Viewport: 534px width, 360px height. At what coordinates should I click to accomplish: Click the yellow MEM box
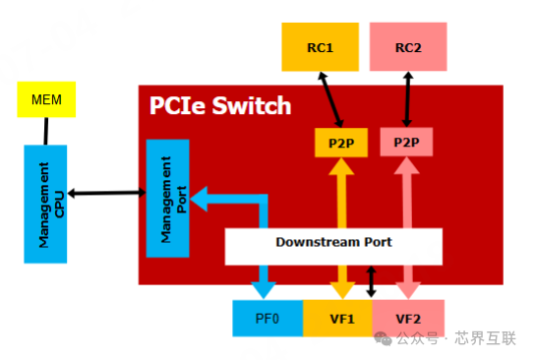[46, 100]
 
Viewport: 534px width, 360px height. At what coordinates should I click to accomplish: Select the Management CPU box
[45, 204]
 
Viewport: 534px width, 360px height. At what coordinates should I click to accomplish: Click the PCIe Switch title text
[220, 105]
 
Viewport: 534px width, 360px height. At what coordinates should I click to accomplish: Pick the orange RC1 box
[320, 46]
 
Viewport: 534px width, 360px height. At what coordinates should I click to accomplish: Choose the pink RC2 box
[407, 46]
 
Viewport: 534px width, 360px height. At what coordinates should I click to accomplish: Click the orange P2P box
[340, 144]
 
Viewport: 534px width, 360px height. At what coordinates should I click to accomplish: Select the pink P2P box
[406, 144]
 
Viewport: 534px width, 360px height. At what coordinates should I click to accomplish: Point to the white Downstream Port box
[333, 242]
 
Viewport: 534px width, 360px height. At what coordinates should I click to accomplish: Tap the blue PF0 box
[267, 318]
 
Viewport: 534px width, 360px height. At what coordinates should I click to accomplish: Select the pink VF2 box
[407, 318]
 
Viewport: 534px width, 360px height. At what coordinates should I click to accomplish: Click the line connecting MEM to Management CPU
[45, 132]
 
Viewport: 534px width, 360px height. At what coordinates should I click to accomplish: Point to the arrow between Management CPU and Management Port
[106, 193]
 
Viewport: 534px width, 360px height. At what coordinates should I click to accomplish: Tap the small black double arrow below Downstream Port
[371, 282]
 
